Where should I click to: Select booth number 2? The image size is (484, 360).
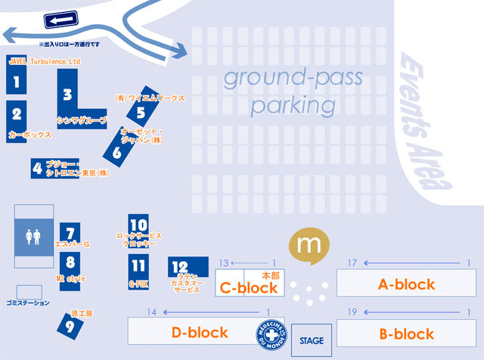click(x=16, y=116)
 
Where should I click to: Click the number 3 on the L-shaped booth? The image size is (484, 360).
click(x=67, y=95)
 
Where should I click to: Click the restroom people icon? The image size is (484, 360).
click(x=33, y=237)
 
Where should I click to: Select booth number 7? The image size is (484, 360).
click(x=70, y=235)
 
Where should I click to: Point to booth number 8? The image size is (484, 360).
click(x=70, y=263)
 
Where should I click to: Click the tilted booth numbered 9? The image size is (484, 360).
click(x=70, y=326)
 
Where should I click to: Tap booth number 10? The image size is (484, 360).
click(x=138, y=225)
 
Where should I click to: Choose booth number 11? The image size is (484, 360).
click(x=138, y=266)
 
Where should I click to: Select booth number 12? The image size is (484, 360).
click(x=180, y=266)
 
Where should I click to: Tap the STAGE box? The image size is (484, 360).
click(x=312, y=340)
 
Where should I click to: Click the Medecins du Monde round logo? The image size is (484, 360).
click(x=270, y=332)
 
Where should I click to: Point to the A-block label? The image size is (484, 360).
click(x=407, y=284)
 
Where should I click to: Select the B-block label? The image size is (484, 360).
click(x=407, y=334)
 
